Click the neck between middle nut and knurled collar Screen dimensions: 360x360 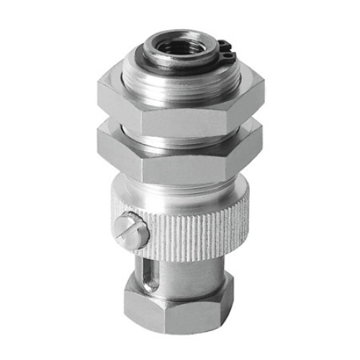click(x=180, y=182)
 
